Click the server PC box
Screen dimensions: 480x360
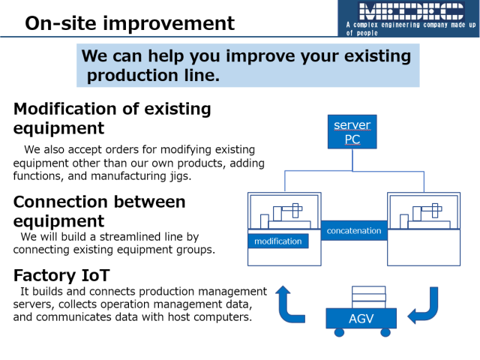click(352, 132)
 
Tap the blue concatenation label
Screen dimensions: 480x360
click(354, 230)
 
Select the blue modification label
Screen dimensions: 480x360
click(278, 241)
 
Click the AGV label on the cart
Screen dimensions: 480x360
click(361, 318)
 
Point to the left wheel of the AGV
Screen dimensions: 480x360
click(339, 332)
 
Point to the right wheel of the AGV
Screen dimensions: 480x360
click(385, 332)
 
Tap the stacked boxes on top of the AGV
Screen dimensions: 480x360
click(368, 297)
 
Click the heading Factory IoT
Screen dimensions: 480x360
click(61, 275)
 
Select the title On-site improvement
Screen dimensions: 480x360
click(130, 23)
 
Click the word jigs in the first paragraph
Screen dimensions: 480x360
click(181, 176)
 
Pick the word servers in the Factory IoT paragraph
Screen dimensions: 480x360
click(34, 304)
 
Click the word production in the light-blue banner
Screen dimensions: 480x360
click(133, 76)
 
